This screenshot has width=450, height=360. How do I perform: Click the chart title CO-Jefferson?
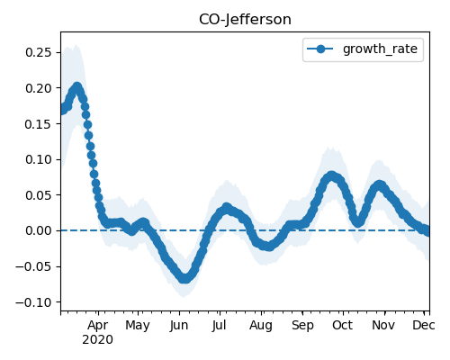[245, 20]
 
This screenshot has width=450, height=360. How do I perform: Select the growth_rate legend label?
[380, 49]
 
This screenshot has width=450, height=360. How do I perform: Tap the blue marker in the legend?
[320, 49]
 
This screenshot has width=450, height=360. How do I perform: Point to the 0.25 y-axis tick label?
[39, 52]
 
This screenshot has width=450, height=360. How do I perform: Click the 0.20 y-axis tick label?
[39, 88]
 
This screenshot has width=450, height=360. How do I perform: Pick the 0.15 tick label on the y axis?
[39, 124]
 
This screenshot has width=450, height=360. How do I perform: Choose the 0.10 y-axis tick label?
[39, 159]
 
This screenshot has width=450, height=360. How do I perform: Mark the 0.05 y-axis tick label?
[39, 195]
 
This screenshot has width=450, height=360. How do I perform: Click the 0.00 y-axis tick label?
[39, 230]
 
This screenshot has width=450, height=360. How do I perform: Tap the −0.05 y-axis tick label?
[34, 266]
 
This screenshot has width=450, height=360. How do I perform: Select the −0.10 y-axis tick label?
[34, 302]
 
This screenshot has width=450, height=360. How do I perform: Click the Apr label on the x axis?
[98, 326]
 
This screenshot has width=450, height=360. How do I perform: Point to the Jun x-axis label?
[179, 326]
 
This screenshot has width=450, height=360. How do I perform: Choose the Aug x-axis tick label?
[261, 326]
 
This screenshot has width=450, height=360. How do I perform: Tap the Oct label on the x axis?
[343, 326]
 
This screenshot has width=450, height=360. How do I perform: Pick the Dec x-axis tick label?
[424, 326]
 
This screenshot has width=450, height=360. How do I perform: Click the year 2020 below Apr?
[98, 340]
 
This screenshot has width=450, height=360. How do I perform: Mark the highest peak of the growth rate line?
[77, 87]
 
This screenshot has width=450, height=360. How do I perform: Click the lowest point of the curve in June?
[184, 278]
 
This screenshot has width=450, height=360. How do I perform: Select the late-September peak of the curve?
[331, 175]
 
